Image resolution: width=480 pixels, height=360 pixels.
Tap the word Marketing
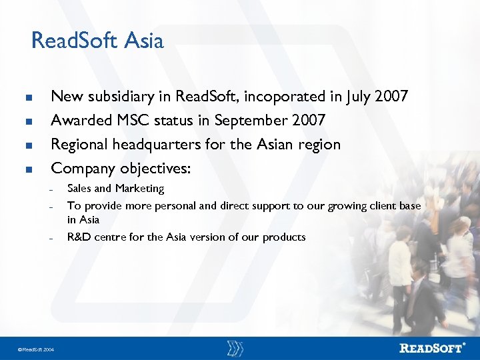click(139, 189)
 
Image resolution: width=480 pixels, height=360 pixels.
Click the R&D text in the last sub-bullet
click(79, 237)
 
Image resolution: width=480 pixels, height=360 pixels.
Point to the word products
click(284, 237)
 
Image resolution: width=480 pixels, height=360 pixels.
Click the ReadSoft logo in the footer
click(433, 347)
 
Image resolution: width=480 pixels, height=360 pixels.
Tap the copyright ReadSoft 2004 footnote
click(37, 349)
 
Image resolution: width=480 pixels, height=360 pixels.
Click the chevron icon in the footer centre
click(235, 348)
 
